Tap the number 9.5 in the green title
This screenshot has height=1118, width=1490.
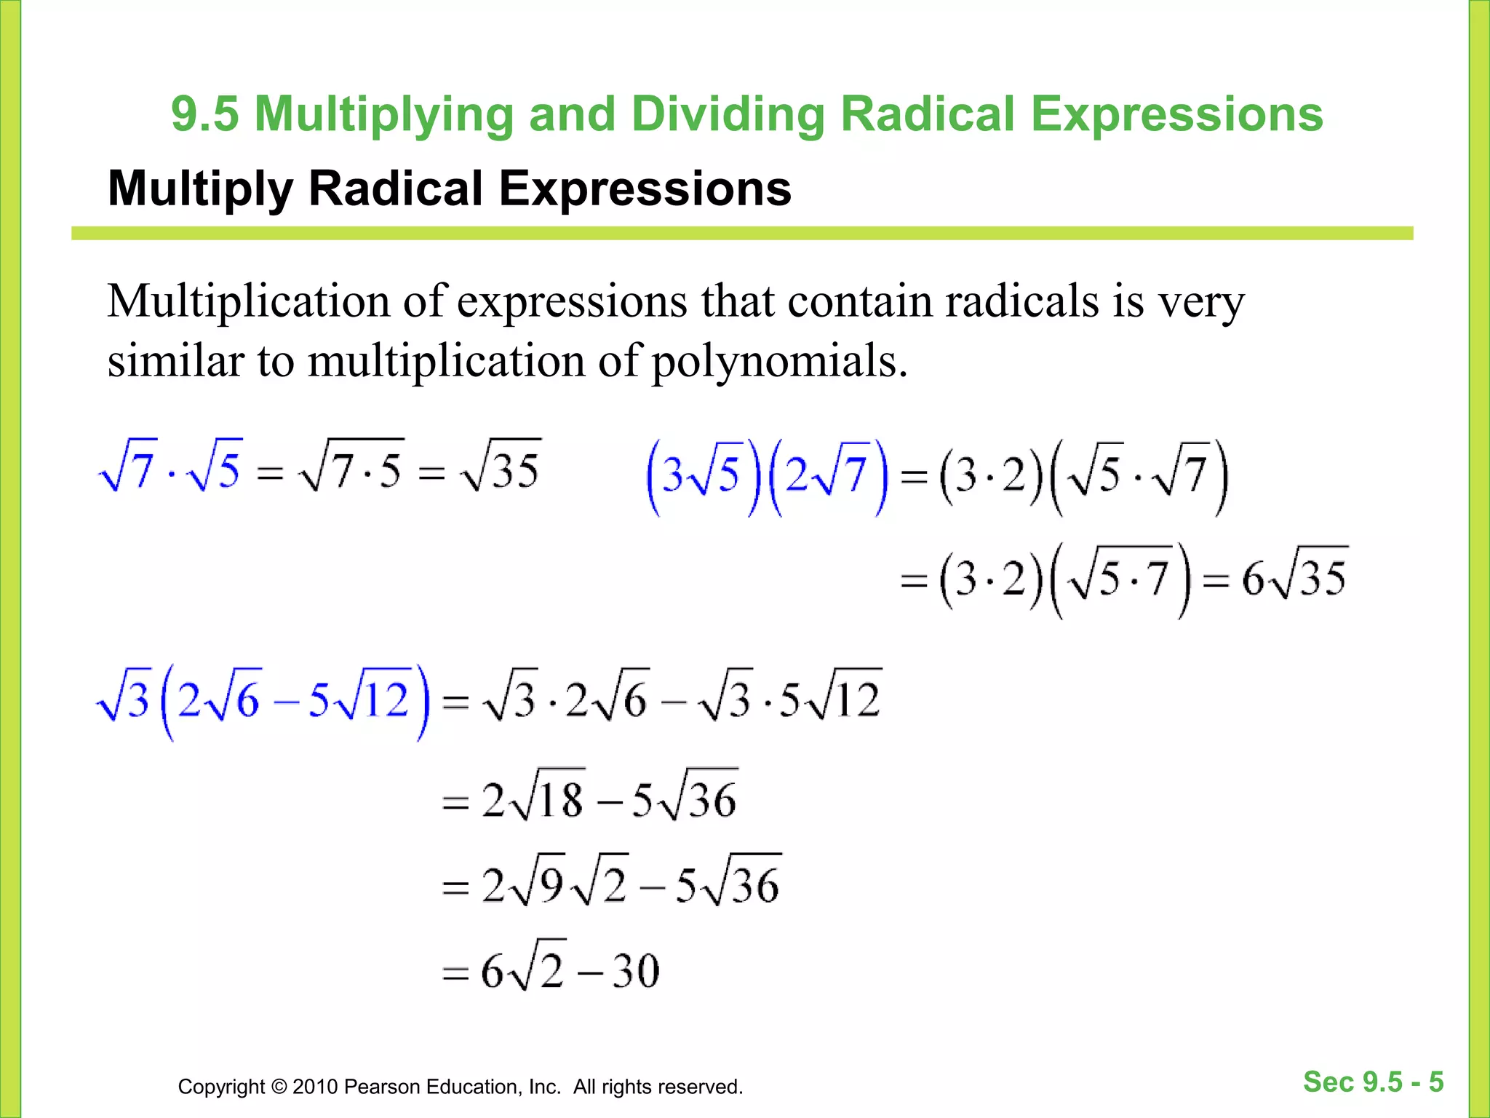tap(205, 114)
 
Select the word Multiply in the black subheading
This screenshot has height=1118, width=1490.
tap(201, 189)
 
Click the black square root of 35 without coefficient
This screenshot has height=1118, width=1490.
tap(501, 467)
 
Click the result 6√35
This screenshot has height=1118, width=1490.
tap(1294, 579)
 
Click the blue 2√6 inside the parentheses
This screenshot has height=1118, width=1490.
tap(218, 699)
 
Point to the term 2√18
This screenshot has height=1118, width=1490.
tap(533, 798)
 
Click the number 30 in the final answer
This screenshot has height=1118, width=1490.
tap(635, 970)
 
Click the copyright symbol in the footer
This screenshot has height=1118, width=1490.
tap(279, 1087)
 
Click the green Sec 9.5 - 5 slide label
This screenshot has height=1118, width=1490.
tap(1373, 1082)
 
